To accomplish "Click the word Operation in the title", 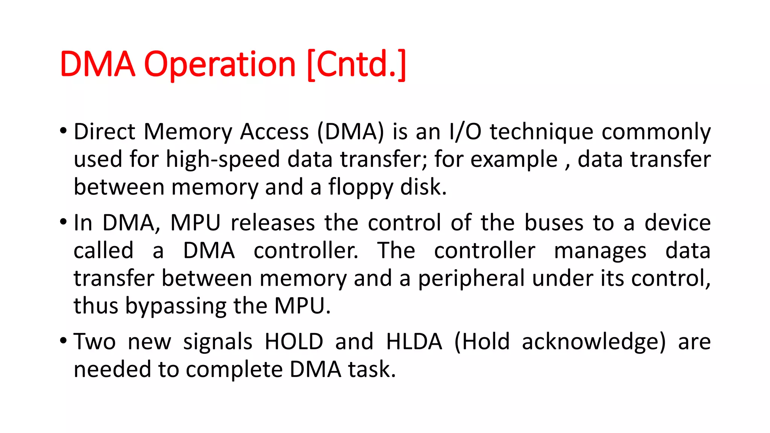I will [x=220, y=65].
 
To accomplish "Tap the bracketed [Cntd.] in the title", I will [x=356, y=65].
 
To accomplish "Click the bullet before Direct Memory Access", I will [x=63, y=131].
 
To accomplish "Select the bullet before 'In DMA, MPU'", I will [x=63, y=222].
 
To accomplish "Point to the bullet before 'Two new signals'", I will [x=63, y=341].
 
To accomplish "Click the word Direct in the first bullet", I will [x=104, y=132].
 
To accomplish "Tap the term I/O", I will [x=465, y=132].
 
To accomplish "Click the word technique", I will [x=541, y=132].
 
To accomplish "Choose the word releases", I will [x=273, y=223].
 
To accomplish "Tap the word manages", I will [x=600, y=251].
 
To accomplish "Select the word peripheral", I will [x=471, y=279].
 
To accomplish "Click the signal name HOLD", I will [x=294, y=342].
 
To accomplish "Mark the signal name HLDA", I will [x=414, y=342].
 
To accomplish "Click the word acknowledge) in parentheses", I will [x=593, y=342].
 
